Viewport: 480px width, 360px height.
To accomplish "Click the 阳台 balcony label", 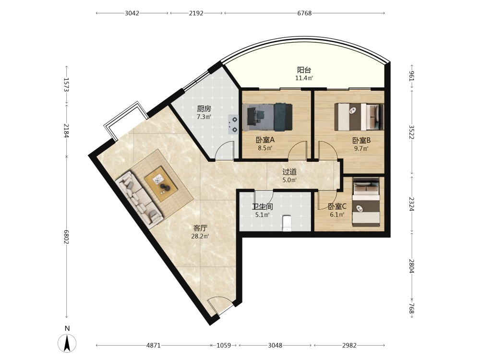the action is point(304,70).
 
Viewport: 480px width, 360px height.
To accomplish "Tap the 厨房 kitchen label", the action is point(204,108).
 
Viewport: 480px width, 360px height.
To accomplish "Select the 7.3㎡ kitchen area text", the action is point(204,117).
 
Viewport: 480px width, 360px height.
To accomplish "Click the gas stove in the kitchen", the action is point(233,124).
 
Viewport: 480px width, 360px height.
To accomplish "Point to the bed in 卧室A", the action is point(267,117).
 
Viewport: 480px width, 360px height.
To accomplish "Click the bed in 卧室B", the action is point(359,117).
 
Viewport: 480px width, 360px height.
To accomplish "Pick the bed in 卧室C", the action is point(366,202).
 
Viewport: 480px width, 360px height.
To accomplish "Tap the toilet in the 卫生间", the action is point(287,223).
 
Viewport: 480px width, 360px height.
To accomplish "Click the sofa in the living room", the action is point(139,200).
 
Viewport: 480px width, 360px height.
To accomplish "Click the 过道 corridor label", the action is point(289,172).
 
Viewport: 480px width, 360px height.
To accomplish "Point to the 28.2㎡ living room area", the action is point(200,236).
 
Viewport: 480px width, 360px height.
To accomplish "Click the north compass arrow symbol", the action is point(67,343).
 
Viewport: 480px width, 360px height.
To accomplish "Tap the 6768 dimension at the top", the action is point(304,13).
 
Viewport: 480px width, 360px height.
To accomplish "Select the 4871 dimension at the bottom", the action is point(154,345).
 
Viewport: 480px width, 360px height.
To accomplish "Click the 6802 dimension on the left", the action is point(66,237).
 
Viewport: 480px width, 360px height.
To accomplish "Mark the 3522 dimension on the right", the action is point(412,132).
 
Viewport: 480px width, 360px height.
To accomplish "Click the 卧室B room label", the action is point(361,141).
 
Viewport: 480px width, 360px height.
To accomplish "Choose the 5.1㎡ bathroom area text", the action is point(263,215).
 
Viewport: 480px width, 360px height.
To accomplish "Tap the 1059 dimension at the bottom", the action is point(224,345).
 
